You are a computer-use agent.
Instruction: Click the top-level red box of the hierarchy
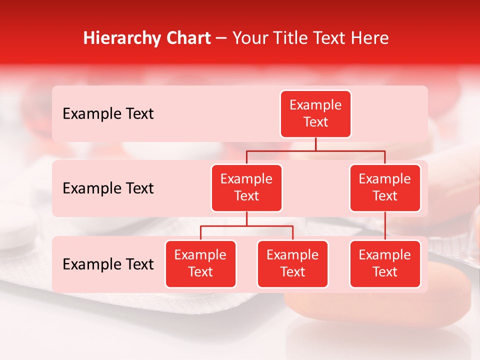point(315,114)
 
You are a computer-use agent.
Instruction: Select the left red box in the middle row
point(246,188)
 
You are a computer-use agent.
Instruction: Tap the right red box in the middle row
point(385,188)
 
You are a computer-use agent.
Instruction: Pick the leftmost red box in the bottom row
point(200,264)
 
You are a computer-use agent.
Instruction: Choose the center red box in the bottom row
point(292,264)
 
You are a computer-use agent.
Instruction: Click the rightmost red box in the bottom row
point(385,264)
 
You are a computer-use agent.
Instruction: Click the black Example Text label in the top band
point(108,114)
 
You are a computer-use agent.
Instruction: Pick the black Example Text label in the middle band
point(108,188)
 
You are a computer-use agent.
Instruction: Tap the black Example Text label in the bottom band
point(108,264)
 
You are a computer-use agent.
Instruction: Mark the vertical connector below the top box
point(315,144)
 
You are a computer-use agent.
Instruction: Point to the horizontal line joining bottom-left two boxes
point(246,226)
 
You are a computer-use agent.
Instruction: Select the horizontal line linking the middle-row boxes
point(315,150)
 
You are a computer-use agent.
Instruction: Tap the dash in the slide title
point(221,39)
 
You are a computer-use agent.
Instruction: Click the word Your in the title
point(250,38)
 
